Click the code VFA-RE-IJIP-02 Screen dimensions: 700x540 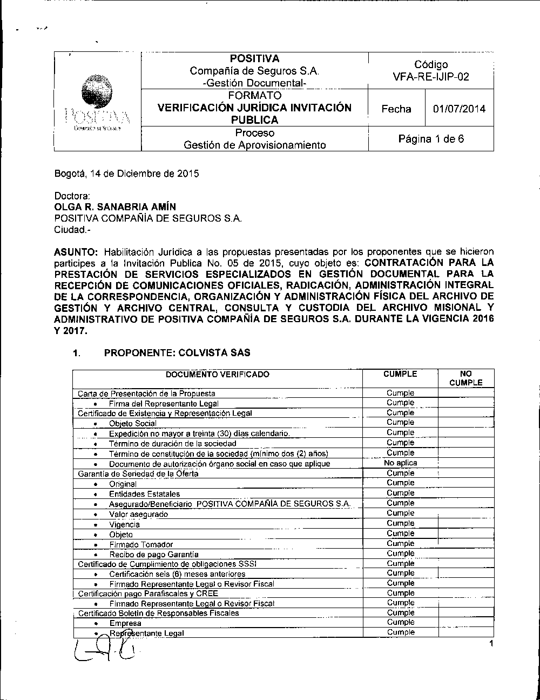[x=430, y=77]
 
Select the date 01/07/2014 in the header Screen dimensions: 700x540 [x=459, y=109]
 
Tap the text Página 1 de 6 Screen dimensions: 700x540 [x=431, y=139]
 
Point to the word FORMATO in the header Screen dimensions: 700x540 [x=254, y=96]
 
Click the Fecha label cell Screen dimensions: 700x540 [x=396, y=109]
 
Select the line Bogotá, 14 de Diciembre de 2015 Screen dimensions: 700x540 [x=126, y=174]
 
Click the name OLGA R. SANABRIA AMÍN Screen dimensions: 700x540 [x=115, y=207]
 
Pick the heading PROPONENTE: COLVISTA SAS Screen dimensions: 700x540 [x=177, y=353]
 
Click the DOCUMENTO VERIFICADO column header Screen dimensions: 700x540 [x=217, y=374]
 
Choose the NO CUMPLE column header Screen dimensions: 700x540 [x=465, y=378]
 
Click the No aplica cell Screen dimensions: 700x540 [x=400, y=463]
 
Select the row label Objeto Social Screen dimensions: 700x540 [x=132, y=423]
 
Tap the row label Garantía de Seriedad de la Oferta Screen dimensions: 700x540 [x=138, y=474]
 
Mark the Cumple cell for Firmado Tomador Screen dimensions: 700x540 [x=400, y=544]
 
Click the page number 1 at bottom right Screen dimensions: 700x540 [x=491, y=643]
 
